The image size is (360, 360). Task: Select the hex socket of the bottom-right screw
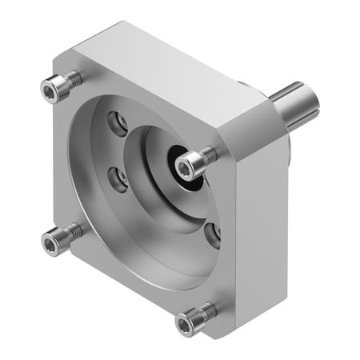(186, 324)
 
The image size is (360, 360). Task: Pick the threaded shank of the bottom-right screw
(206, 310)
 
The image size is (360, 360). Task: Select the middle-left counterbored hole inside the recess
(119, 181)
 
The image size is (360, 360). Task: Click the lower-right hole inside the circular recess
(213, 233)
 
